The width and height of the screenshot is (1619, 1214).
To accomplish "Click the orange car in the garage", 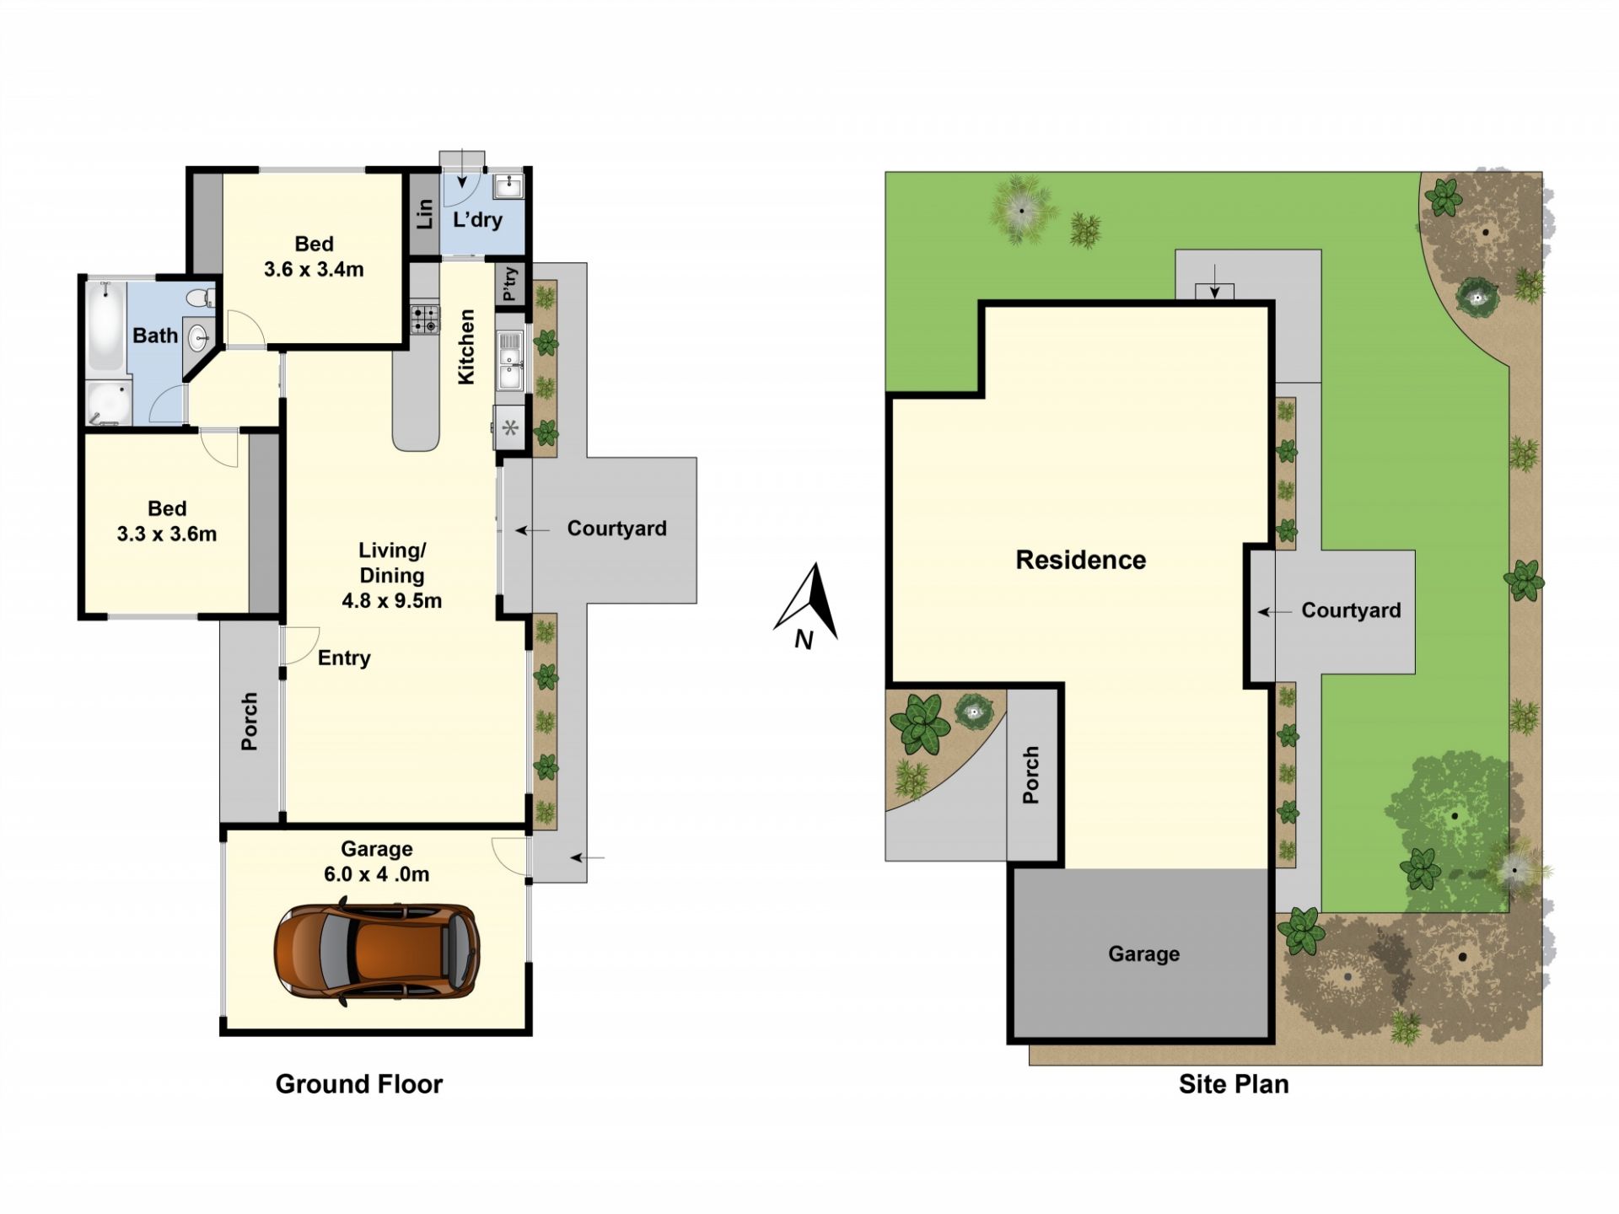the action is (377, 953).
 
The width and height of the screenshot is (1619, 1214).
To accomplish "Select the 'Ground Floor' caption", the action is (359, 1084).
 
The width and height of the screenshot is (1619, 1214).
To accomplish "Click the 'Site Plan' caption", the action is (1234, 1084).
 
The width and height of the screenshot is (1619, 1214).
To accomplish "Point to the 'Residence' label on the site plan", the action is (1080, 560).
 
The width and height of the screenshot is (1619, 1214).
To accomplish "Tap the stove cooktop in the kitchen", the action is (425, 320).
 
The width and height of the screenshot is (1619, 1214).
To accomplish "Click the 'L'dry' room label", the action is (477, 220).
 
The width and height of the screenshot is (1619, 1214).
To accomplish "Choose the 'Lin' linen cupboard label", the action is (424, 213).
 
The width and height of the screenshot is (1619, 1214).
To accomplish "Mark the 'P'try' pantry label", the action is (510, 284).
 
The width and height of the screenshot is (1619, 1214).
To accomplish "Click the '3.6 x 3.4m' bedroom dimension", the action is (314, 270).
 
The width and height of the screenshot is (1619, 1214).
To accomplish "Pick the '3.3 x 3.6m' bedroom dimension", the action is (167, 534).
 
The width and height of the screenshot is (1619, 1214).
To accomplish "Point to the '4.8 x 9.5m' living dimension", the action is (392, 601).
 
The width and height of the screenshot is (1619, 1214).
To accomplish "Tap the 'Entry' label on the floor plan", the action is (344, 658).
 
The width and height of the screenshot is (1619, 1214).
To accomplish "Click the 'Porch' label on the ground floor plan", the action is (250, 722).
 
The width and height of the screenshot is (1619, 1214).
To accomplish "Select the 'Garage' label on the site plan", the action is (1143, 954).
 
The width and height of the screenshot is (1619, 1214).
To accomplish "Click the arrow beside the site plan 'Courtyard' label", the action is (1274, 612).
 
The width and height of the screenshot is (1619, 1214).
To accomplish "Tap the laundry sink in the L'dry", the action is (508, 185).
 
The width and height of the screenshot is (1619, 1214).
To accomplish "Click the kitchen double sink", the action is (510, 361).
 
